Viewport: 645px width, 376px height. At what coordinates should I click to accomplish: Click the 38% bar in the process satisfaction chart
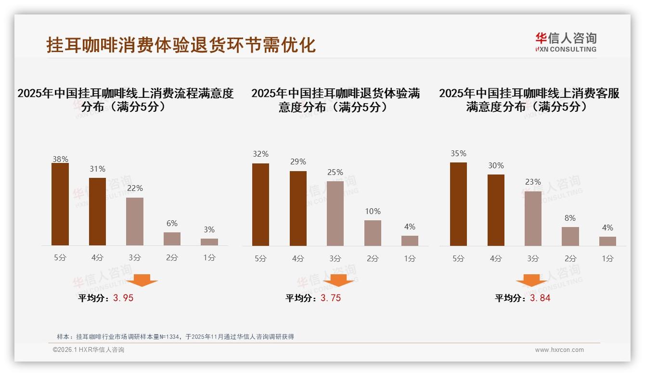click(60, 204)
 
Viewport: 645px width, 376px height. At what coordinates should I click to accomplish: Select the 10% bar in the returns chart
click(373, 233)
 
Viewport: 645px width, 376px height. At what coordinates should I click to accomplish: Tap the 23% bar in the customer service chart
click(533, 218)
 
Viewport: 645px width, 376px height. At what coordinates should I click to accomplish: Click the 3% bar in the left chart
click(209, 242)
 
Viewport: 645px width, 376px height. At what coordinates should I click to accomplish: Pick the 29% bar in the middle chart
click(298, 208)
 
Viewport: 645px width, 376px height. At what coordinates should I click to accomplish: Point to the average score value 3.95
click(123, 298)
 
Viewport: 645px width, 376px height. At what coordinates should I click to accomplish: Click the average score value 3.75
click(331, 298)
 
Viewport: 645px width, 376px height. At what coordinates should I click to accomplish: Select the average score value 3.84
click(540, 298)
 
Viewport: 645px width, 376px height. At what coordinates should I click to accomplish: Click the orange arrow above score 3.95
click(142, 280)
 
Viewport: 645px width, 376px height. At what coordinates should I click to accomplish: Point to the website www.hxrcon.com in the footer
click(559, 350)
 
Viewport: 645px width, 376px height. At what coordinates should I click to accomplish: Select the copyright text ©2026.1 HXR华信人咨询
click(89, 350)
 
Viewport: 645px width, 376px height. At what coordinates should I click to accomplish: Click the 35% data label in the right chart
click(458, 153)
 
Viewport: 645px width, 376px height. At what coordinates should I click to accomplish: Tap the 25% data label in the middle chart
click(335, 172)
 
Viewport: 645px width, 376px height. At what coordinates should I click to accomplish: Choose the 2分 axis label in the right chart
click(570, 258)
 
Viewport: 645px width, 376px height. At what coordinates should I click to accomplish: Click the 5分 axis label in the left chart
click(60, 258)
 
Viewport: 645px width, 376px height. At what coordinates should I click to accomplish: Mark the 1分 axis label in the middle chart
click(410, 258)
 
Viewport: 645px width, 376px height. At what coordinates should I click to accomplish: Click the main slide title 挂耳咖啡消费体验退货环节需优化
click(181, 45)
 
